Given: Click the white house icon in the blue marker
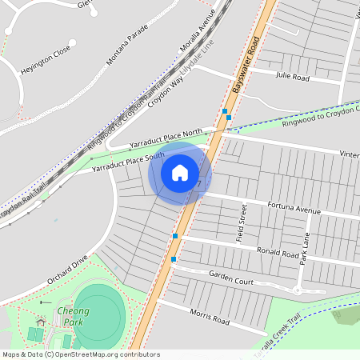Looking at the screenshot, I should [180, 172].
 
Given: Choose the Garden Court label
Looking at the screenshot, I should [231, 278].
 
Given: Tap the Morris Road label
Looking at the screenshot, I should [209, 317].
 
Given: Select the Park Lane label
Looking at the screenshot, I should [304, 249].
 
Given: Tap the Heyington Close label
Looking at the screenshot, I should [46, 58].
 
